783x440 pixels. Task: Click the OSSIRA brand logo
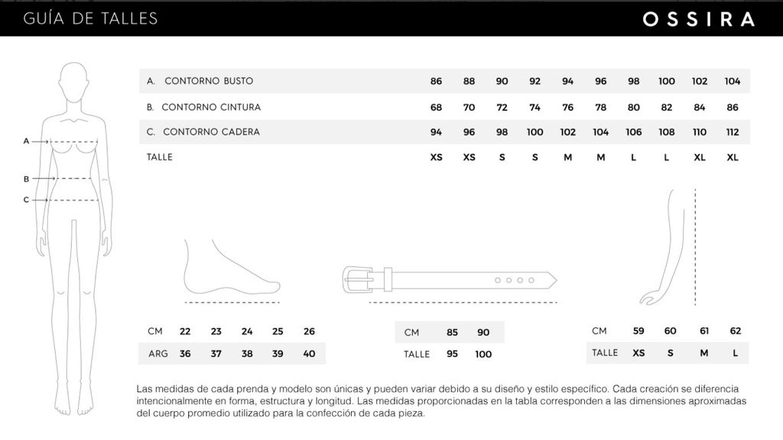pyautogui.click(x=698, y=20)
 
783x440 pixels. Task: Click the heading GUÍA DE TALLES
pyautogui.click(x=91, y=18)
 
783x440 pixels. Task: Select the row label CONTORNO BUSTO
pyautogui.click(x=208, y=81)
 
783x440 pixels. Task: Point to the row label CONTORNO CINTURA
pyautogui.click(x=210, y=107)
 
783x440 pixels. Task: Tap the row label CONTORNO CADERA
pyautogui.click(x=210, y=132)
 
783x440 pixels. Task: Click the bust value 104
pyautogui.click(x=732, y=81)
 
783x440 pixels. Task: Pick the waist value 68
pyautogui.click(x=436, y=107)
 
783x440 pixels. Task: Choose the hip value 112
pyautogui.click(x=732, y=132)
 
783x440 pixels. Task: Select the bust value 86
pyautogui.click(x=436, y=81)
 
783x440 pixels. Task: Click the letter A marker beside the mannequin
pyautogui.click(x=26, y=141)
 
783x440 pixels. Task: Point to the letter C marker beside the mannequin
pyautogui.click(x=26, y=200)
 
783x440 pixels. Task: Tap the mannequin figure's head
pyautogui.click(x=73, y=80)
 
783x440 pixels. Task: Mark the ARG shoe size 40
pyautogui.click(x=309, y=354)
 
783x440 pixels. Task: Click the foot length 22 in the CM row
pyautogui.click(x=185, y=331)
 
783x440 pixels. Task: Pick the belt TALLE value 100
pyautogui.click(x=483, y=354)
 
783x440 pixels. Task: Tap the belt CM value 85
pyautogui.click(x=452, y=332)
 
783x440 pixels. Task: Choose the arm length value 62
pyautogui.click(x=736, y=331)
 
